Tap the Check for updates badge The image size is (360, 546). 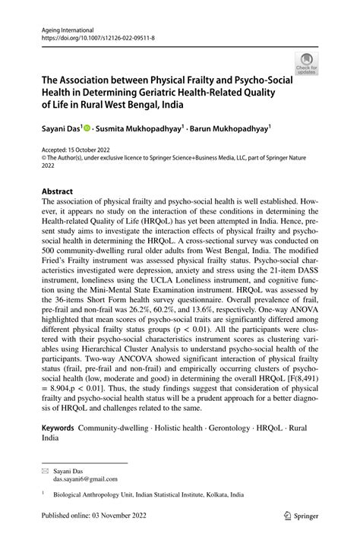pyautogui.click(x=307, y=65)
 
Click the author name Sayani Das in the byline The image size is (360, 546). pyautogui.click(x=59, y=130)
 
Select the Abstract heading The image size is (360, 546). pyautogui.click(x=58, y=192)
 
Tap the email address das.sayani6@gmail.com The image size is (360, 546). pyautogui.click(x=85, y=479)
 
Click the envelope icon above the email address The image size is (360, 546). pyautogui.click(x=45, y=472)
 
